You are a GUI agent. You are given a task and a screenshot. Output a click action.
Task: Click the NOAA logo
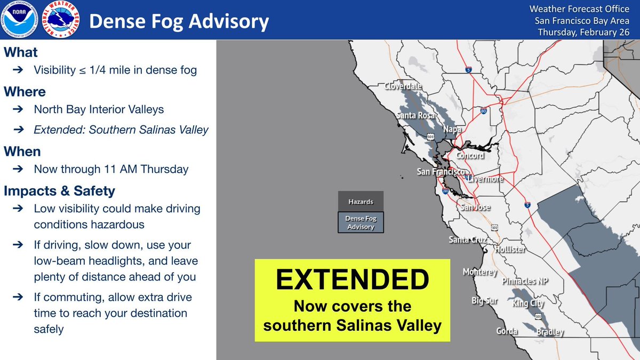pos(19,19)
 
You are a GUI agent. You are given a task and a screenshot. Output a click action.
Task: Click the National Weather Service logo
pos(61,19)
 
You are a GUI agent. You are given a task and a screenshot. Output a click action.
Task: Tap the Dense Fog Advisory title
pos(179,22)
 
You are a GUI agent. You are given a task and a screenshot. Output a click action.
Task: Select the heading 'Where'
pos(25,92)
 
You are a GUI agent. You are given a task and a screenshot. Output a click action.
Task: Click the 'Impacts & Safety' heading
pos(59,191)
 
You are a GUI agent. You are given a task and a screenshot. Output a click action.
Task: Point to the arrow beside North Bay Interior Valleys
pos(18,109)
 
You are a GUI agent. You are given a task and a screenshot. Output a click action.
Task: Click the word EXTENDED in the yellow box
pos(353,279)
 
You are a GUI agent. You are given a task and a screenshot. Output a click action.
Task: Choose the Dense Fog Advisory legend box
pos(361,222)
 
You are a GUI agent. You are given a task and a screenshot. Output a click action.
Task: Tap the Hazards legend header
pos(361,202)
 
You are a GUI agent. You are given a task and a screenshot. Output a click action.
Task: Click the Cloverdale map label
pos(403,86)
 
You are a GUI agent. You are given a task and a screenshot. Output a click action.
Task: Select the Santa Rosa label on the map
pos(415,115)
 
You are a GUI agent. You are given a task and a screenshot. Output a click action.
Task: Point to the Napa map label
pos(452,130)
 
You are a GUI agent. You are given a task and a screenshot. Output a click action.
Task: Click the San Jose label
pos(475,207)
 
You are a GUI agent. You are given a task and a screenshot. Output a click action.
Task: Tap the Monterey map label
pos(480,271)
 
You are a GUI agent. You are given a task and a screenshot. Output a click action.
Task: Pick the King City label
pos(528,303)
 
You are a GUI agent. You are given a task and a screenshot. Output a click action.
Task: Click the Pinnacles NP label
pos(525,281)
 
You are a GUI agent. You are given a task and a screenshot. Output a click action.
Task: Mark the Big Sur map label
pos(485,301)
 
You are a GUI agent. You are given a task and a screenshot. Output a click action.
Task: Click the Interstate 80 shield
pos(483,110)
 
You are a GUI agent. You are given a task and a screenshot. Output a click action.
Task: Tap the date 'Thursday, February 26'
pos(583,33)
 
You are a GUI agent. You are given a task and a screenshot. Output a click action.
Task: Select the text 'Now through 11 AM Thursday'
pos(111,169)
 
